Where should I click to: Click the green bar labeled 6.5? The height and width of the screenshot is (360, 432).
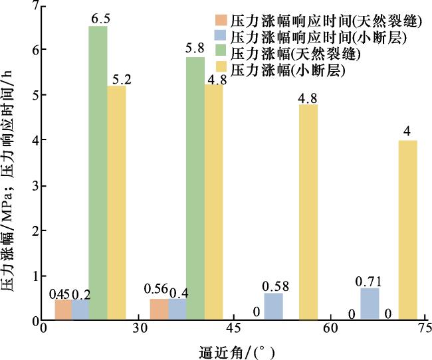click(x=98, y=173)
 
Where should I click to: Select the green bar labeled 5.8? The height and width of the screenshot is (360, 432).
click(x=195, y=189)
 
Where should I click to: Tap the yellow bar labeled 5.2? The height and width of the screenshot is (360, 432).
click(x=117, y=203)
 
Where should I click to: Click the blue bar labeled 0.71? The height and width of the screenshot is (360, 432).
click(x=370, y=304)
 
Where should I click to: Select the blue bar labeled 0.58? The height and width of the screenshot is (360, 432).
click(x=273, y=306)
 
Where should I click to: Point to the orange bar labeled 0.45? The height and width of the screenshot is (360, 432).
click(x=63, y=310)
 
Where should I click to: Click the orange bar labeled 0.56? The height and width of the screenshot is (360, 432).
click(x=160, y=310)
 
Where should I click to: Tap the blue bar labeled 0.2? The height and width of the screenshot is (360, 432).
click(x=80, y=310)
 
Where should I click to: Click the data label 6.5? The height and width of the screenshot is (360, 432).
click(x=99, y=19)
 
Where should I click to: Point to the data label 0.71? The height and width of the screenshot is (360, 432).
click(x=370, y=280)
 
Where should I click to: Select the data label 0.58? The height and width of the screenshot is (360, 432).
click(x=274, y=286)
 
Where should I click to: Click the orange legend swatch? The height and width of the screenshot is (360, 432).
click(x=219, y=20)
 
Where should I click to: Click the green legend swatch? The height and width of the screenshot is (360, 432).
click(x=219, y=53)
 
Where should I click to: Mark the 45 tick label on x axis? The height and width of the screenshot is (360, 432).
click(x=233, y=329)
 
